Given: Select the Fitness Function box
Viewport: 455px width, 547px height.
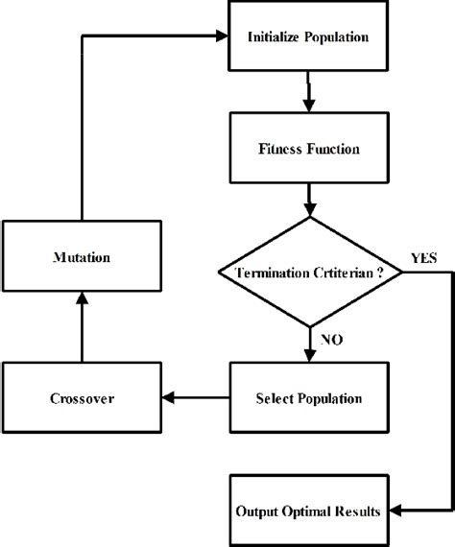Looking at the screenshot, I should pos(308,149).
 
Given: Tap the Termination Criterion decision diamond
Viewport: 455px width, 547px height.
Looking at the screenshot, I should pos(308,273).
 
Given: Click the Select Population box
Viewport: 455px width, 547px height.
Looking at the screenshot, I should pos(308,396).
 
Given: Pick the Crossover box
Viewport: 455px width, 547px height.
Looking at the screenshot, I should pos(82,396).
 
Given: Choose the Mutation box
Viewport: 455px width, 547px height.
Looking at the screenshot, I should pos(82,257).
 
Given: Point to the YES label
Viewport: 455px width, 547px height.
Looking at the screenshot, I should pos(423,258).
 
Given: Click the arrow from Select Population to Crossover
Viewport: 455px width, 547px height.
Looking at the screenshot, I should pos(197,396).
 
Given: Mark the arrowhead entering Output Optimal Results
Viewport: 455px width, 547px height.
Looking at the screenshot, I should pos(394,510).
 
